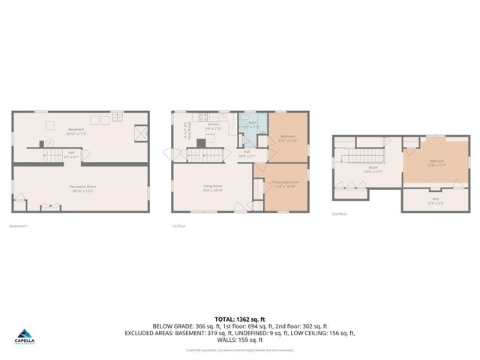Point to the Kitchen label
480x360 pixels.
(212, 127)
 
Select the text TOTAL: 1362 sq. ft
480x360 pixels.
(239, 319)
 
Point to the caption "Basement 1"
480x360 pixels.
(19, 225)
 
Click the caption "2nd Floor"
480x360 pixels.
(340, 214)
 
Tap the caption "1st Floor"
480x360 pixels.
(178, 225)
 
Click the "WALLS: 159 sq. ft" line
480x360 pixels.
(239, 340)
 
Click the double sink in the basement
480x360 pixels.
(118, 117)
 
